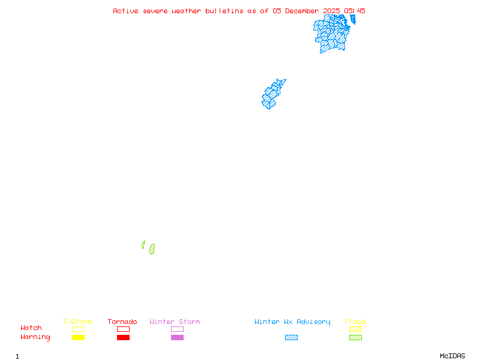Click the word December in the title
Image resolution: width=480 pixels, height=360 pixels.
coord(302,11)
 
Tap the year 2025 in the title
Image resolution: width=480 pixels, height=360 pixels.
coord(332,11)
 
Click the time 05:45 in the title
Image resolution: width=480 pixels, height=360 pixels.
coord(355,11)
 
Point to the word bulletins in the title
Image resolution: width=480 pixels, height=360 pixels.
coord(224,11)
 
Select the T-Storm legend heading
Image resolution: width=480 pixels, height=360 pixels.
coord(77,322)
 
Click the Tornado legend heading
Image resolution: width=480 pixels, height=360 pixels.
coord(122,322)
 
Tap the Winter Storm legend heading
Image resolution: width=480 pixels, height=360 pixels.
coord(175,322)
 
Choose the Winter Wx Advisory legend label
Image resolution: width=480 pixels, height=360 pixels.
coord(292,322)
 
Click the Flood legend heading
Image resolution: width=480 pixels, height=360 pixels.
coord(355,322)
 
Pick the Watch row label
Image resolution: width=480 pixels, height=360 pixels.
coord(31,328)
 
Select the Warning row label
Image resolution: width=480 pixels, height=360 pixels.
coord(35,337)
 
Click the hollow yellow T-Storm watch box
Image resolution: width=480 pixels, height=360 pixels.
coord(79,329)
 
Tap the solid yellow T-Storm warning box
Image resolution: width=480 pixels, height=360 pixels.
coord(79,337)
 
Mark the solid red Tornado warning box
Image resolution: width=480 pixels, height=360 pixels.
coord(124,337)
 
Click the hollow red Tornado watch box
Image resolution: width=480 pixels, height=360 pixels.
coord(124,329)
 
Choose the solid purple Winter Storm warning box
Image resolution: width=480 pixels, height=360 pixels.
coord(177,337)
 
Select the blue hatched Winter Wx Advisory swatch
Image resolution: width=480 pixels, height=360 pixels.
coord(291,337)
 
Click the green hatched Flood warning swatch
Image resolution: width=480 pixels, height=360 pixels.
coord(355,337)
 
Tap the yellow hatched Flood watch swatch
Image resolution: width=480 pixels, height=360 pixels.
coord(355,329)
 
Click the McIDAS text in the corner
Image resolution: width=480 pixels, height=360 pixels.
coord(452,356)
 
